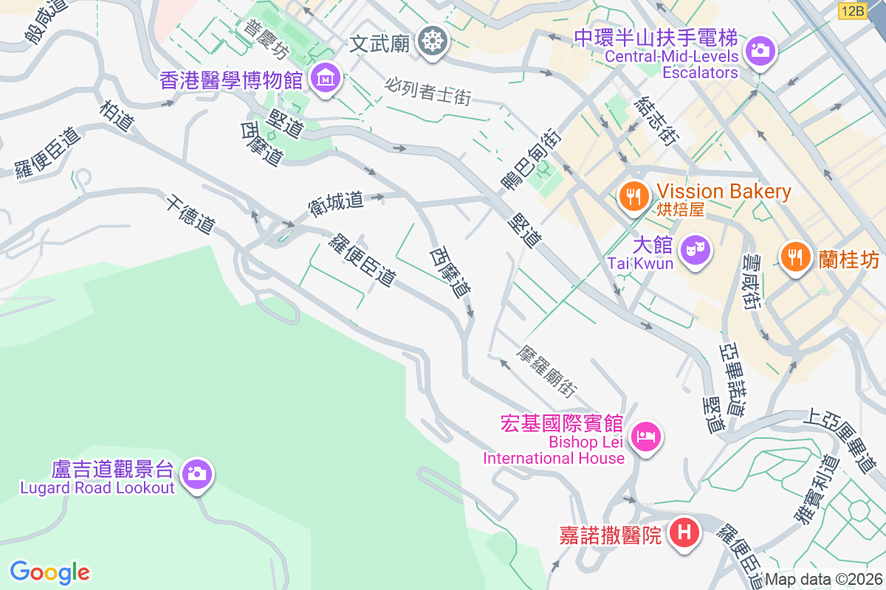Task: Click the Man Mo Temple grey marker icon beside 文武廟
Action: pos(432,41)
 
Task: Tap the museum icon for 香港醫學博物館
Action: pos(324,77)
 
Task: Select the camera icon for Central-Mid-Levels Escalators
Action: pos(759,51)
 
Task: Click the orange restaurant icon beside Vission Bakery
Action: pos(633,196)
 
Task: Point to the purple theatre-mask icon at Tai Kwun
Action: pos(694,250)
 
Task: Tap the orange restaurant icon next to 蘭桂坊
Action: pos(795,257)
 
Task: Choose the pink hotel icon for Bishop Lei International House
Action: pos(647,436)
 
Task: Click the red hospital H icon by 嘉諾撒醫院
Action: pos(684,532)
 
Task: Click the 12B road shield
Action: pos(853,10)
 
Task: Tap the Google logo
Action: pos(50,572)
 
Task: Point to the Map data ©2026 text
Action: pos(823,580)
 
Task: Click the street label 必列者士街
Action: pos(427,91)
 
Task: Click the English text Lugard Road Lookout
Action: pos(97,488)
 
